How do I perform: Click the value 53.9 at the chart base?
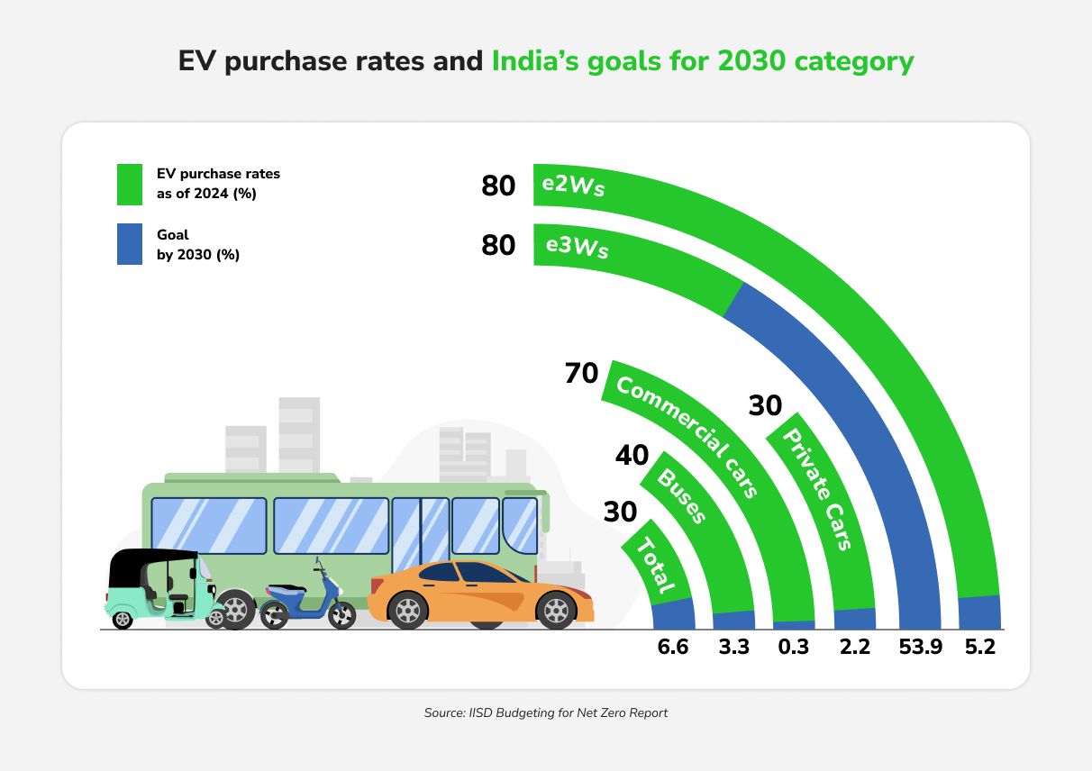(920, 647)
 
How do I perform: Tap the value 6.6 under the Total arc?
(672, 647)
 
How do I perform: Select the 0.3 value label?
(794, 647)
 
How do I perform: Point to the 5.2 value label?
(979, 647)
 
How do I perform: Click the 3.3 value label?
(733, 647)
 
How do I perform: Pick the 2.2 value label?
(854, 647)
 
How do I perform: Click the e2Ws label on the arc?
(572, 186)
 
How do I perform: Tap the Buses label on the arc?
(682, 495)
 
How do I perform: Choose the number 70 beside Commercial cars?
(581, 373)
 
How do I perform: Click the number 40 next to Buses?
(632, 456)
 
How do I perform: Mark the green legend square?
(130, 184)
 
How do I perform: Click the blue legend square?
(130, 245)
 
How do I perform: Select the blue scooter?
(307, 600)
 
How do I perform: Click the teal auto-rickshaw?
(162, 588)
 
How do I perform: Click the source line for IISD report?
(546, 712)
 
